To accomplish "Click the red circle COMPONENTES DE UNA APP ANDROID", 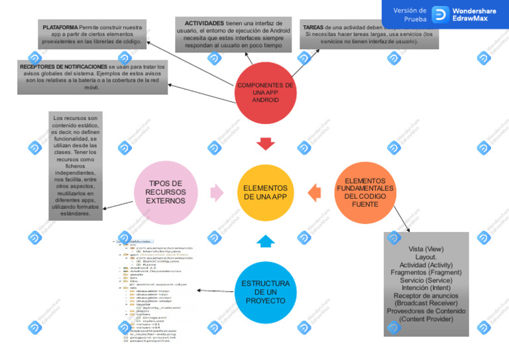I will tap(265, 93).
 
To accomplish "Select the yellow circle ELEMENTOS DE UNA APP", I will tap(265, 192).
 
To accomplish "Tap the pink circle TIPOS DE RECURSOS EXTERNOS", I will tap(166, 192).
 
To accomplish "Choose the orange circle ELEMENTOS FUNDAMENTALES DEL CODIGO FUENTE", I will tap(365, 192).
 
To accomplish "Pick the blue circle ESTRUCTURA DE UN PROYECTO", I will tap(265, 292).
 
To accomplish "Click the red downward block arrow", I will tap(266, 144).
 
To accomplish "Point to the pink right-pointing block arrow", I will tap(217, 193).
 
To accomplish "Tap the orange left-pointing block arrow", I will tap(314, 192).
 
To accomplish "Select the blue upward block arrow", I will tap(265, 241).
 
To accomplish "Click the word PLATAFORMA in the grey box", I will tap(60, 28).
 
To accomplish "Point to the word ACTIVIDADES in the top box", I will tap(204, 23).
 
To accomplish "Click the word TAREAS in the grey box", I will tap(313, 27).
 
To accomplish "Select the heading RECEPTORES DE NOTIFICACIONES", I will tap(63, 67).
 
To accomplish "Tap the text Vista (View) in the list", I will tap(425, 249).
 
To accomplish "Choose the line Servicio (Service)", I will tap(426, 280).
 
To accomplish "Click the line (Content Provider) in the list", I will tap(426, 319).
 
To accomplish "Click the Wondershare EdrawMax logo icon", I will tap(440, 15).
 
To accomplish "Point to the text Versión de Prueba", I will tap(410, 15).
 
